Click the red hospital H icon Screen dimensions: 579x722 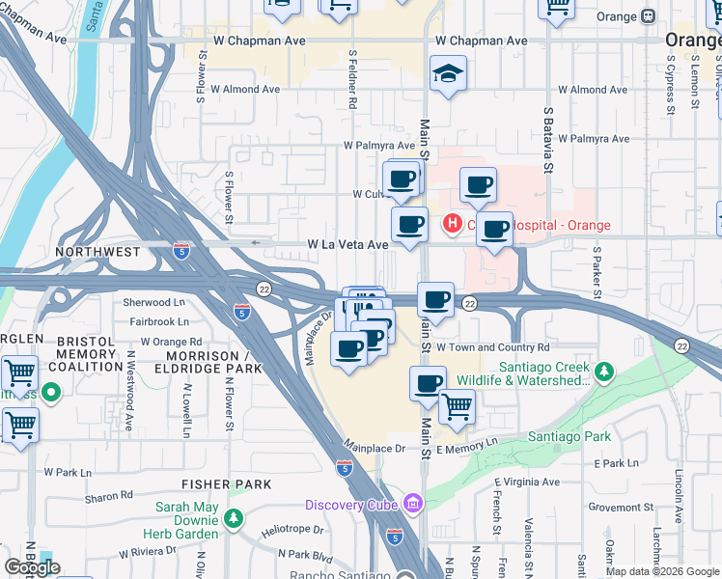tap(451, 225)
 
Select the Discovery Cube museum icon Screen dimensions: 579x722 tap(413, 504)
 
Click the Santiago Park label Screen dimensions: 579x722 tap(569, 437)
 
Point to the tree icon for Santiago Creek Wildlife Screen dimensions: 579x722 tap(604, 372)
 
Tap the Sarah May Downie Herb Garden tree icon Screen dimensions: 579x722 tap(233, 518)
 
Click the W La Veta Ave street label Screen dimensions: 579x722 tap(347, 245)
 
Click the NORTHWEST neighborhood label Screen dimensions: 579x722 tap(97, 251)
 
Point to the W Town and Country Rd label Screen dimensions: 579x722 tap(492, 347)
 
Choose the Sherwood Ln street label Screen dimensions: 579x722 tap(153, 302)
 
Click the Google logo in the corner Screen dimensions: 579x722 tap(33, 567)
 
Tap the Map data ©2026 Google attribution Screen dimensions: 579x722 tap(663, 571)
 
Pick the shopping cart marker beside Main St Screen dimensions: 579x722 tap(456, 406)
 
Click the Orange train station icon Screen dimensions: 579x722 tap(648, 15)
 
